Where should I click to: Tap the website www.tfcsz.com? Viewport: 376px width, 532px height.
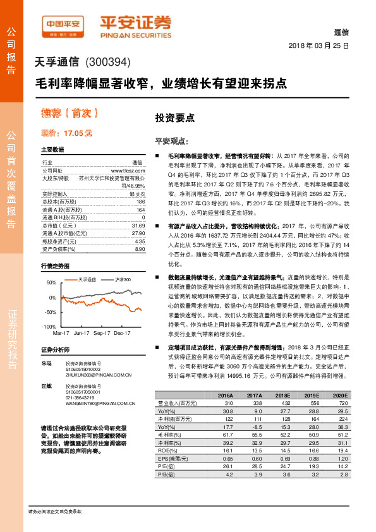click(128, 171)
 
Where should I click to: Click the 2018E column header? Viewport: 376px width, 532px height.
click(282, 396)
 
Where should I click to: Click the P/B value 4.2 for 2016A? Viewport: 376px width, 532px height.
click(226, 474)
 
